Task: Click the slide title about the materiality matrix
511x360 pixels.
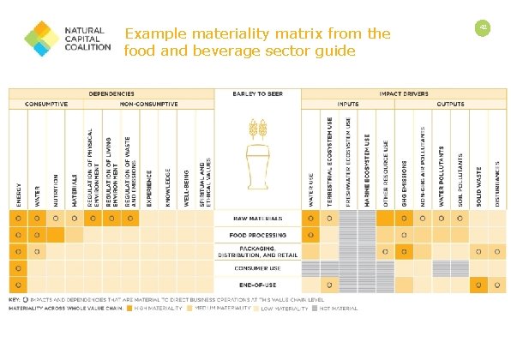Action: pos(257,42)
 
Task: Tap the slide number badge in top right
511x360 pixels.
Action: pos(483,28)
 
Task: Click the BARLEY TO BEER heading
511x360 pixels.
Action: pos(257,93)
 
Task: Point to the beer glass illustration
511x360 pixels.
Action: pos(258,171)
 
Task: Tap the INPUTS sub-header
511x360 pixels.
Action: pos(348,103)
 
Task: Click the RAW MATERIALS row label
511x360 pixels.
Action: pos(257,219)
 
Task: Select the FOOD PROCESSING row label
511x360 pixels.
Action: pos(257,234)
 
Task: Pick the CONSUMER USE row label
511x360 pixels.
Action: pos(257,267)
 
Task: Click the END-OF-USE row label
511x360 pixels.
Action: pos(257,283)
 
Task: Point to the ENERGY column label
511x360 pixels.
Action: pos(19,189)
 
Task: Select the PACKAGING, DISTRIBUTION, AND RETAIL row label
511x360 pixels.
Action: pos(257,250)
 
